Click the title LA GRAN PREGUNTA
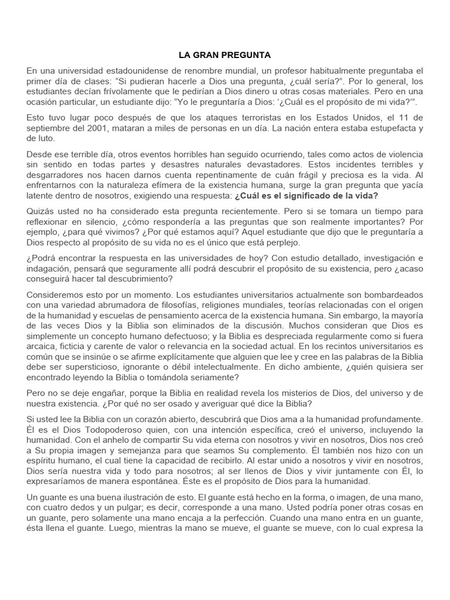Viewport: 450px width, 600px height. pyautogui.click(x=224, y=55)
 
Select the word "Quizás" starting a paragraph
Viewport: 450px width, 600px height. pyautogui.click(x=40, y=211)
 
